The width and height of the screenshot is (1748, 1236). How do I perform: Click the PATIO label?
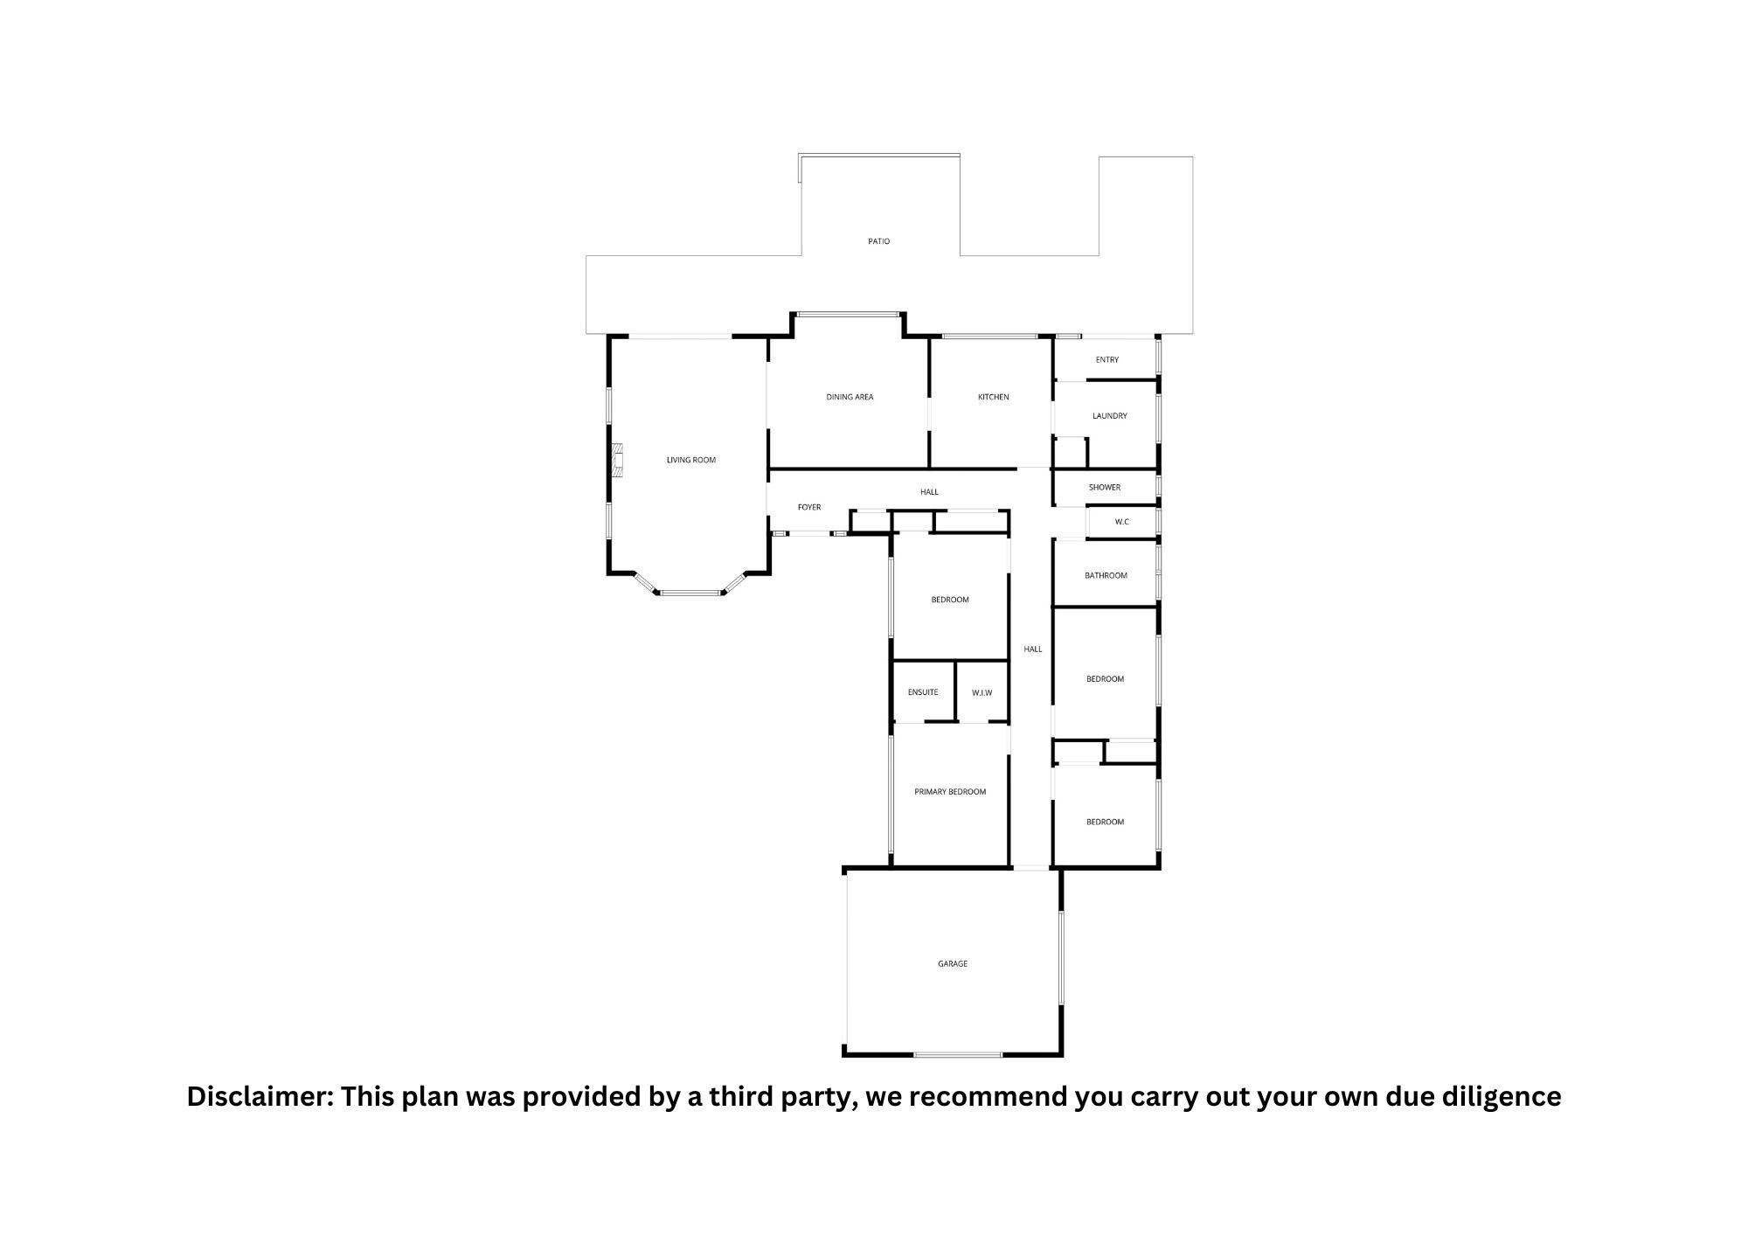(x=879, y=241)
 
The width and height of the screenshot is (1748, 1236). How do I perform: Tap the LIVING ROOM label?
(x=691, y=460)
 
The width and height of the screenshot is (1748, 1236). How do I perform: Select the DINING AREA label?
(x=850, y=397)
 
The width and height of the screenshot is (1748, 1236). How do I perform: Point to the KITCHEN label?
(x=993, y=397)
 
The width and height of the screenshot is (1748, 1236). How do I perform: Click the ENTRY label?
(x=1107, y=360)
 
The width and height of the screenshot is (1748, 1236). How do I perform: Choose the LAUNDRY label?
(x=1110, y=416)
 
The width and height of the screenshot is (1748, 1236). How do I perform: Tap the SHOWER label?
(x=1105, y=488)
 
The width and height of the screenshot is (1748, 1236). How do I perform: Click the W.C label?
(x=1122, y=523)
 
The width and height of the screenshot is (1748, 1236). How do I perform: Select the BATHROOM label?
(x=1106, y=575)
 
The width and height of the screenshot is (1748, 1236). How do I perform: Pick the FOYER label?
(x=809, y=507)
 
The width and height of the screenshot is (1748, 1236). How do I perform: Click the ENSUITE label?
(x=923, y=692)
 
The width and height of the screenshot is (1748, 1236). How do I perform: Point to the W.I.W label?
(x=982, y=693)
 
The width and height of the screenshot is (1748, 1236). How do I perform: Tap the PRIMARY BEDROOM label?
(x=950, y=792)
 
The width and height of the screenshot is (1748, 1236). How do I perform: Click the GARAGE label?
(x=953, y=964)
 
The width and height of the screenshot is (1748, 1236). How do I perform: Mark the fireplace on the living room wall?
(x=619, y=461)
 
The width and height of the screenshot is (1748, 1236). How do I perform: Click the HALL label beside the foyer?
(x=929, y=492)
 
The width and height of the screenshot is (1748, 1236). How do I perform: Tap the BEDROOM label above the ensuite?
(x=950, y=600)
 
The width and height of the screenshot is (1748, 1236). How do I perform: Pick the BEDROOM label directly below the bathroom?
(x=1105, y=679)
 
